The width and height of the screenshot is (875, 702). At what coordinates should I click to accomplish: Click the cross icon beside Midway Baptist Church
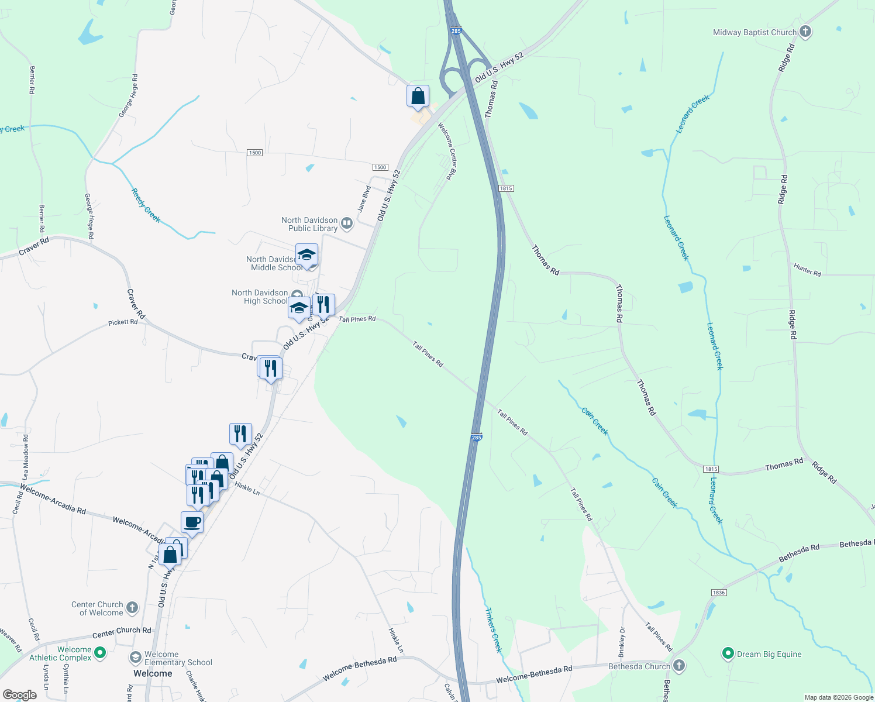(805, 32)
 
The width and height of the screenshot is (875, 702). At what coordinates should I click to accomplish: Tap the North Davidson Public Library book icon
(347, 223)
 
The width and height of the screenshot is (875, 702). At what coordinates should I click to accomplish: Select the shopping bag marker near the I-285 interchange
(418, 96)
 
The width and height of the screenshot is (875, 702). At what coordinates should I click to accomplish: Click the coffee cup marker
(192, 522)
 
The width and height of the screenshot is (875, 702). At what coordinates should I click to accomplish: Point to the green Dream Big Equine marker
(728, 653)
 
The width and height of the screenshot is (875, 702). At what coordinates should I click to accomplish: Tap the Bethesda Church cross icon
(678, 666)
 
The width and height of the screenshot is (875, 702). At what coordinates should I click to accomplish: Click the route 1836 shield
(719, 593)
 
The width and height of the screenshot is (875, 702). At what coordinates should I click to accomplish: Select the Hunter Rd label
(807, 270)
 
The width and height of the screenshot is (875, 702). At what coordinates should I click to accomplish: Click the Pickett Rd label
(123, 322)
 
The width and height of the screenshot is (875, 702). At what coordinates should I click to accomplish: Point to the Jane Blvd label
(364, 199)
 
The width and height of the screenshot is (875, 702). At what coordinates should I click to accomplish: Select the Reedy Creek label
(146, 205)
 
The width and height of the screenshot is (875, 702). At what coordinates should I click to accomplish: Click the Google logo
(19, 695)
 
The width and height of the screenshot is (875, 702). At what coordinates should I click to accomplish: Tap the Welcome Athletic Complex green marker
(99, 652)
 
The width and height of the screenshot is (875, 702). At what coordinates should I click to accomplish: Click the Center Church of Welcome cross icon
(132, 608)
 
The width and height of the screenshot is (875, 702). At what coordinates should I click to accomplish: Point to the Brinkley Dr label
(622, 642)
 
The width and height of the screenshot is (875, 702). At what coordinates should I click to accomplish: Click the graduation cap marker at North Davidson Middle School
(306, 255)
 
